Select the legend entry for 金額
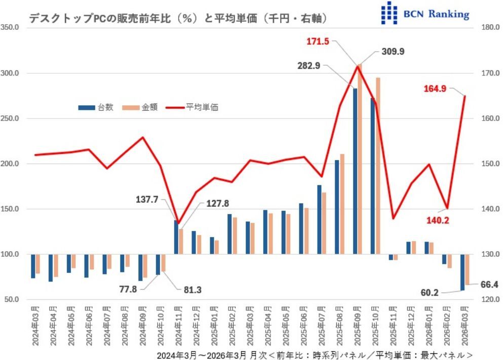(140, 107)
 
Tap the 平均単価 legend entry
(192, 107)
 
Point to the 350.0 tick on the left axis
(11, 28)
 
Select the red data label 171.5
(318, 42)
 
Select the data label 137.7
(147, 201)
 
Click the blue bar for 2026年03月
(462, 272)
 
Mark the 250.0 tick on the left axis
(11, 118)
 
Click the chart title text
(177, 18)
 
